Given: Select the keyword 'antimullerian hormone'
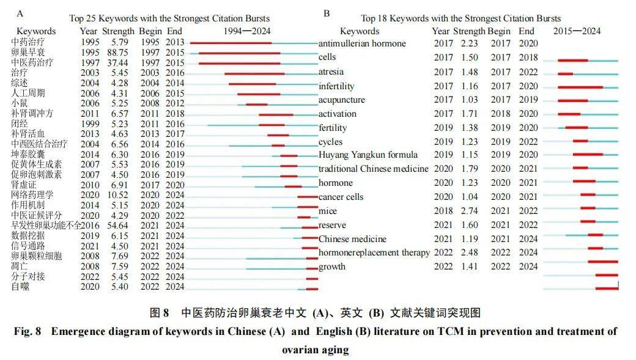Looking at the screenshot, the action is click(362, 43).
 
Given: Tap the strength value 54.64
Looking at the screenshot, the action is click(117, 226).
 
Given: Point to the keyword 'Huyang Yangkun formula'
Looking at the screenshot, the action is click(368, 155).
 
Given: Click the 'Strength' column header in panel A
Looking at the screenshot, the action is click(118, 31).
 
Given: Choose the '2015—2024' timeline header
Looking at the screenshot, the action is click(577, 31).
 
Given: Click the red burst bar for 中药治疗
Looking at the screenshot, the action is click(231, 43).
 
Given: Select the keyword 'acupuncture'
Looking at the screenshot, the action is click(341, 100).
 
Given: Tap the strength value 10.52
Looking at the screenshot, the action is click(117, 195).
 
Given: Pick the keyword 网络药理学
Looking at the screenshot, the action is click(32, 195).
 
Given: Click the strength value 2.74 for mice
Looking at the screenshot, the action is click(469, 211).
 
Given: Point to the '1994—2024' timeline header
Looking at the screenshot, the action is click(246, 31).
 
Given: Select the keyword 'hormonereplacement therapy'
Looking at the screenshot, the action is click(374, 253).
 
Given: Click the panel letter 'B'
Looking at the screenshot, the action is click(327, 13).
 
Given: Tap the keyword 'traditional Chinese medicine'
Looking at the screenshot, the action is click(373, 169).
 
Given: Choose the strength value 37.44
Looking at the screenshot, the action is click(117, 63).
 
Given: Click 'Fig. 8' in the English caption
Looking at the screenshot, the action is click(28, 332).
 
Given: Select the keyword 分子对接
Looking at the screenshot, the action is click(28, 276).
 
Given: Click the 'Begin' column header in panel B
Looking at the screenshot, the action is click(499, 31).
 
